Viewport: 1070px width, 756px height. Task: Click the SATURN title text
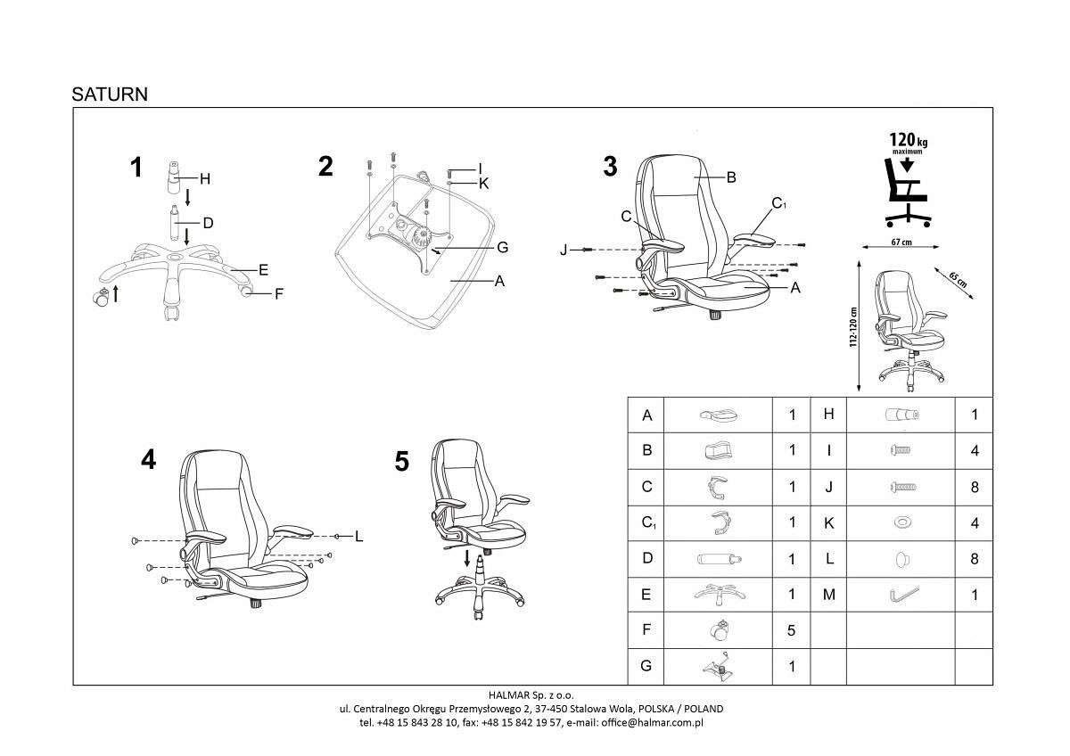pos(110,94)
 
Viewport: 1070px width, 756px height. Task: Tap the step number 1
pos(136,167)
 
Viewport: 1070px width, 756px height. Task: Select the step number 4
pos(148,459)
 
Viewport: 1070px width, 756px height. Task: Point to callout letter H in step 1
pos(204,179)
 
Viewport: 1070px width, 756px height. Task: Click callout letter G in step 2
pos(502,247)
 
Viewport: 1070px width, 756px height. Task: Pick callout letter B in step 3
pos(730,177)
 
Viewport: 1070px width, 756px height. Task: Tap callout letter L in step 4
pos(358,536)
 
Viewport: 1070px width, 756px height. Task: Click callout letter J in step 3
pos(563,251)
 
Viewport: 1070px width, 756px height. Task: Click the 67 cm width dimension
pos(901,242)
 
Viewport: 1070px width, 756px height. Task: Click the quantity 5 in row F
pos(791,630)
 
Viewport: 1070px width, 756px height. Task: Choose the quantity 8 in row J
pos(974,487)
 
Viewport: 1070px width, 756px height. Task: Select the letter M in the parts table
pos(828,595)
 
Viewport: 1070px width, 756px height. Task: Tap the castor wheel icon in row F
pos(720,630)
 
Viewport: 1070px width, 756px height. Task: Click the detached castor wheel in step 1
pos(101,299)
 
